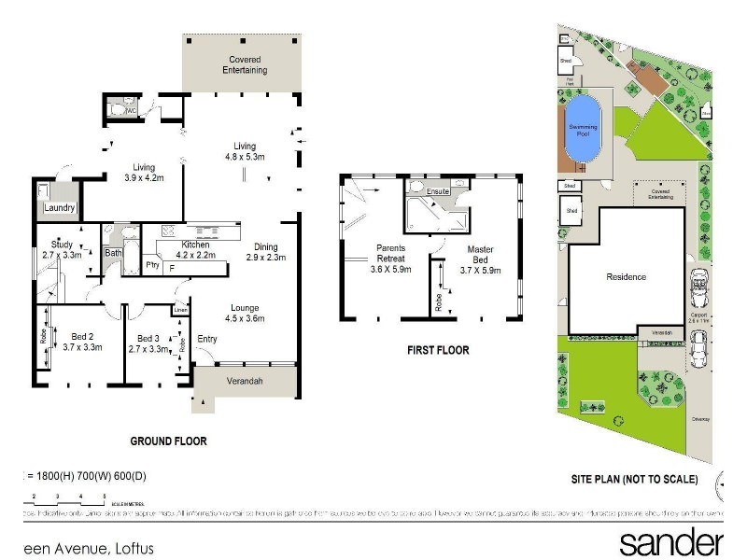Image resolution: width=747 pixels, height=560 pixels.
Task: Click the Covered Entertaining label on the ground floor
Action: [245, 64]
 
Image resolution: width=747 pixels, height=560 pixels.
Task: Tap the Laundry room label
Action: [59, 208]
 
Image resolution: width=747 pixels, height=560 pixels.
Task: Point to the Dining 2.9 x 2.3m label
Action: [266, 252]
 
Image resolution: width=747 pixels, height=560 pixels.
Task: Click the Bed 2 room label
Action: [81, 343]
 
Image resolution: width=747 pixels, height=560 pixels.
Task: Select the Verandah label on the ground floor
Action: [246, 382]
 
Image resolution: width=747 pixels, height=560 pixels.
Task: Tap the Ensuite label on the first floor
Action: [438, 192]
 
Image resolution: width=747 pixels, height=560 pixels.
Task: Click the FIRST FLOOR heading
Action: [437, 351]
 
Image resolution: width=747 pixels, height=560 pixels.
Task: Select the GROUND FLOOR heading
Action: [168, 441]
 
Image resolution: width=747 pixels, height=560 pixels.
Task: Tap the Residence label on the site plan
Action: [626, 277]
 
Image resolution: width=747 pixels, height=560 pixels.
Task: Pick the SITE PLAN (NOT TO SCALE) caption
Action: [634, 479]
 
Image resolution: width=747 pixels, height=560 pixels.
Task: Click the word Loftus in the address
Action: [134, 548]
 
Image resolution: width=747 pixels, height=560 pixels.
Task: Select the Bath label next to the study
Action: [113, 253]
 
